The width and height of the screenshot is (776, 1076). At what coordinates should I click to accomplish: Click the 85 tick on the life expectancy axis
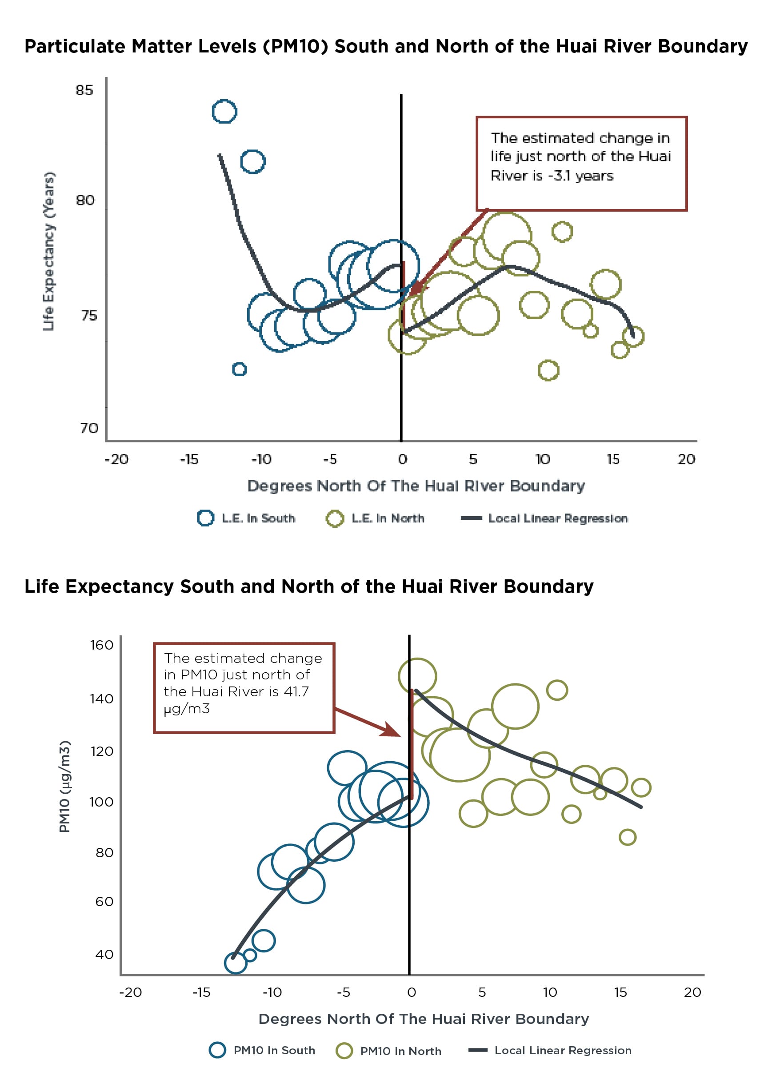(x=84, y=90)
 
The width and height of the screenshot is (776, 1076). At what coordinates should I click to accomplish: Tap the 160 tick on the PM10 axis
(x=101, y=645)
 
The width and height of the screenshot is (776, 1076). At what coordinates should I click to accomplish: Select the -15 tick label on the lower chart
(x=201, y=992)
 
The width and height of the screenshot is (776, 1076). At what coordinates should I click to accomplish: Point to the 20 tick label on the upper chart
(x=686, y=459)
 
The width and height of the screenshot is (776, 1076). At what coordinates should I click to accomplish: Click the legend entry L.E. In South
(x=246, y=518)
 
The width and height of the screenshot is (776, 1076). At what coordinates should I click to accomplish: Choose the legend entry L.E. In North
(x=375, y=518)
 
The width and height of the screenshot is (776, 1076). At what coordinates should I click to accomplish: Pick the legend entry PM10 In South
(x=262, y=1050)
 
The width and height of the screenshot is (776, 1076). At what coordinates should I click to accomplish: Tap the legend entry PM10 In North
(x=388, y=1051)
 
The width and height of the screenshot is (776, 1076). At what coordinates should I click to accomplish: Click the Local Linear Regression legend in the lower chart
(x=550, y=1050)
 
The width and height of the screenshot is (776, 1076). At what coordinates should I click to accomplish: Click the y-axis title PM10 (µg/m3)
(x=64, y=786)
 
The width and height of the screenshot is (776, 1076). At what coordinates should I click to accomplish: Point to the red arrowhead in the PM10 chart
(x=392, y=730)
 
